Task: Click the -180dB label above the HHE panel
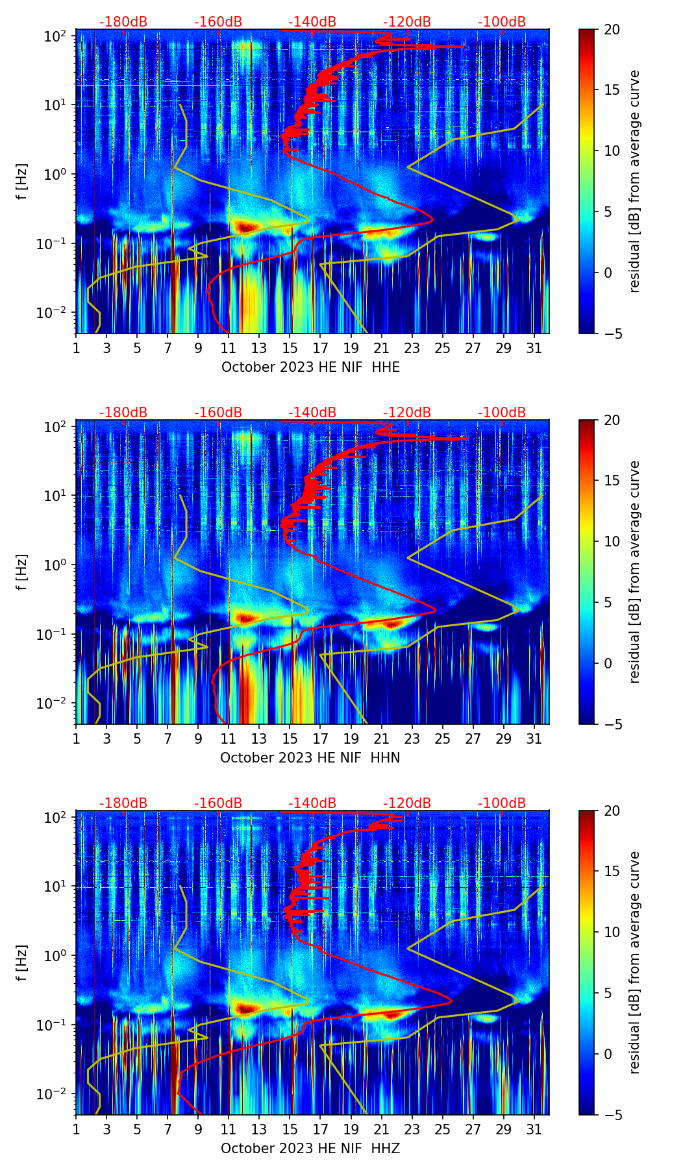coord(123,22)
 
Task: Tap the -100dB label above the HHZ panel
coord(502,803)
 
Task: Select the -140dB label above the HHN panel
coord(312,413)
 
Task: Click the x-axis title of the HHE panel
coord(310,367)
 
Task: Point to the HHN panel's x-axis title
coord(310,758)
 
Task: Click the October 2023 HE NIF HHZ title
coord(310,1149)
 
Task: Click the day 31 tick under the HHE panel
coord(534,348)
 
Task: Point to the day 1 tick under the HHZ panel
coord(76,1129)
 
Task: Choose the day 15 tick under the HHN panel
coord(290,739)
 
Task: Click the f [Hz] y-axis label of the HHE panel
coord(22,181)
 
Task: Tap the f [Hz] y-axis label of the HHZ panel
coord(22,962)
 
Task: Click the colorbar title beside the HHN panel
coord(634,572)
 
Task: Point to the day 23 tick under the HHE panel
coord(412,348)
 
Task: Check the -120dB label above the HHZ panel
coord(407,803)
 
